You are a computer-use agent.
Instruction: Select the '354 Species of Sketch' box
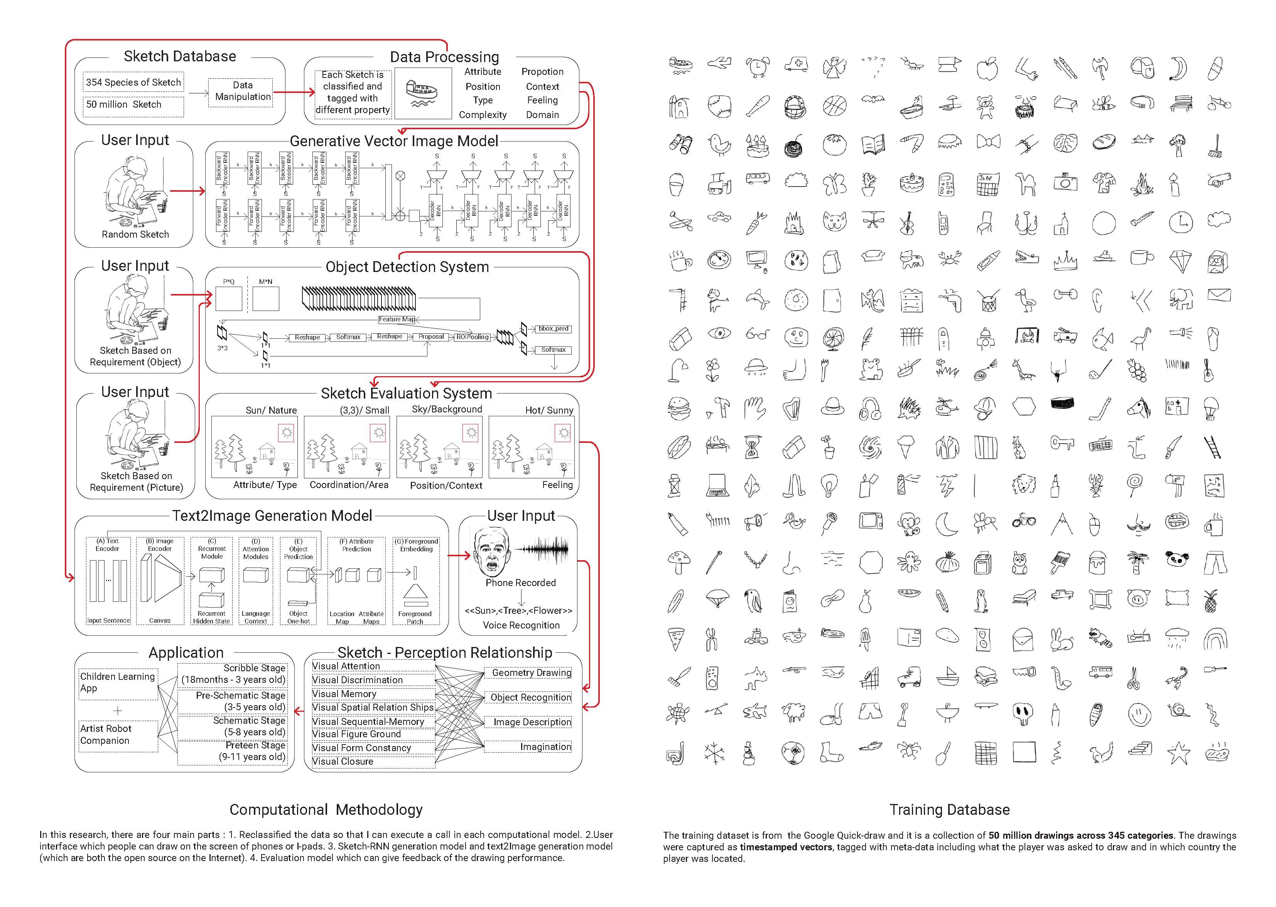133,82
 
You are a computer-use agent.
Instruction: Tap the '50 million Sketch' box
133,105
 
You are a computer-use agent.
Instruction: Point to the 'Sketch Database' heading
179,56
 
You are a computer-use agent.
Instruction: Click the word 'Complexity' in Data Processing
483,115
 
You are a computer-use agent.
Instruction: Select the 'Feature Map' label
397,319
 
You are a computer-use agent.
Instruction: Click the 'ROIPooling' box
473,337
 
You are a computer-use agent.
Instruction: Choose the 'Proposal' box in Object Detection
431,337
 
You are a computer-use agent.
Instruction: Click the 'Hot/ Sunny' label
549,410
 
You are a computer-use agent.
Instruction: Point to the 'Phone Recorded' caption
520,583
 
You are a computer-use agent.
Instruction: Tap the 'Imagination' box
545,747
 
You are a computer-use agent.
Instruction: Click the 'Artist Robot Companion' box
118,735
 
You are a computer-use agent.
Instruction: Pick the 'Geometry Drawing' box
531,673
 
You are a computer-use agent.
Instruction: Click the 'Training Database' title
949,810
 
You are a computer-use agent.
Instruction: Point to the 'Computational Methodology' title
326,810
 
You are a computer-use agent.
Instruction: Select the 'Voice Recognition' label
521,625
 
